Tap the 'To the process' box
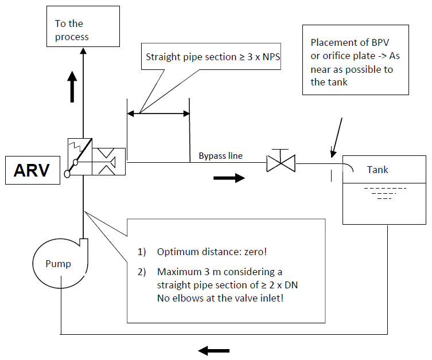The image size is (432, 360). pyautogui.click(x=83, y=27)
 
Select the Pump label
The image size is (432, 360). pyautogui.click(x=59, y=264)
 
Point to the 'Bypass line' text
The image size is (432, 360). pyautogui.click(x=221, y=155)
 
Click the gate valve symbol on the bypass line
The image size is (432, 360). pyautogui.click(x=281, y=163)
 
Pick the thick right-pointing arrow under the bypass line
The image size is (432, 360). pyautogui.click(x=228, y=178)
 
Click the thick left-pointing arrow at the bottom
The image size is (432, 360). pyautogui.click(x=213, y=350)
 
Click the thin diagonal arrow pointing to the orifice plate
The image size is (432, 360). pyautogui.click(x=337, y=136)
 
